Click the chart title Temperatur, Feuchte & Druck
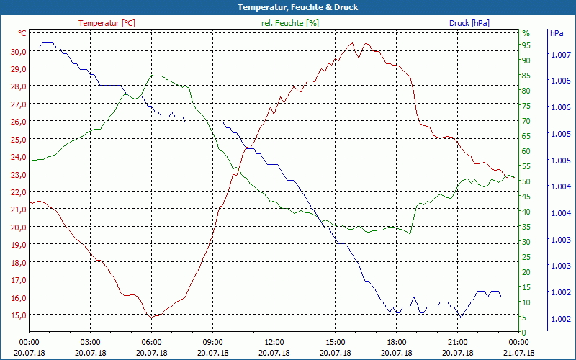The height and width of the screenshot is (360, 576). coord(287,7)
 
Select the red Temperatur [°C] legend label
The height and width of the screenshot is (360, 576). coord(107,23)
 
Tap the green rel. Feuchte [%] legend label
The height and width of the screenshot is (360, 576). coord(289,23)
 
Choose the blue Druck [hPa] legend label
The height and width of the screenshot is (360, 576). coord(469,23)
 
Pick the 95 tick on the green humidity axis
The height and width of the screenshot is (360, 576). coord(526,45)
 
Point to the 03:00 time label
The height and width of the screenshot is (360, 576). coord(90,342)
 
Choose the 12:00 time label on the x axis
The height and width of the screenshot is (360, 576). coord(274,342)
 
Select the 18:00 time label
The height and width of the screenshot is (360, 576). coord(396,342)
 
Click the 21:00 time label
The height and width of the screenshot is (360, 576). coord(457,342)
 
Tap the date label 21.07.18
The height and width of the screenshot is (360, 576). coord(518,353)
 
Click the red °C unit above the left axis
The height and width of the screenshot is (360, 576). coord(22,34)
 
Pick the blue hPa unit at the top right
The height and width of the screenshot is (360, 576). coord(557,34)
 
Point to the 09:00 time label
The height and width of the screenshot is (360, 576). coord(212,342)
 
